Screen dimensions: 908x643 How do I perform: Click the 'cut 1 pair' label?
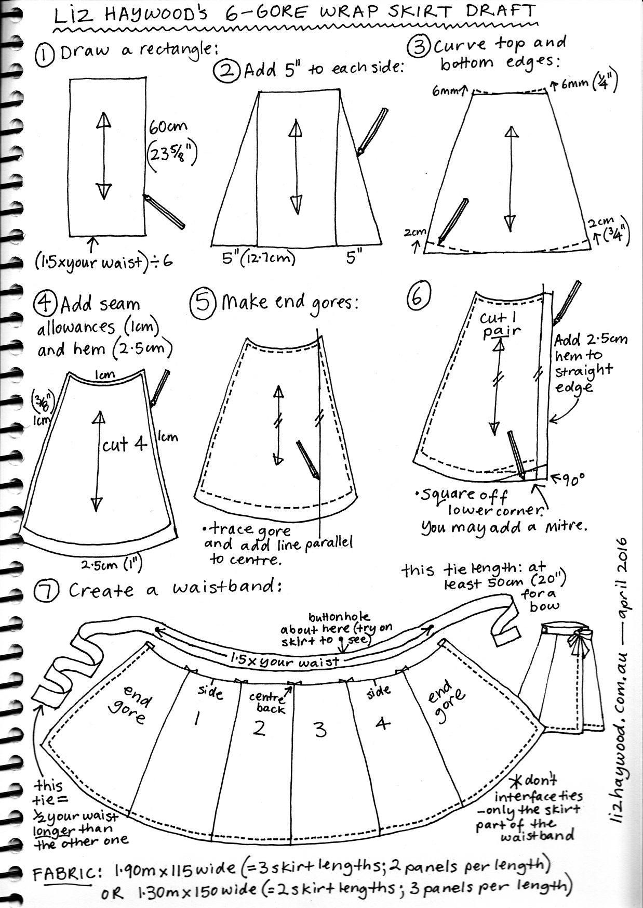(x=501, y=325)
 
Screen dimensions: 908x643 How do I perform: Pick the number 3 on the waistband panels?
(x=320, y=730)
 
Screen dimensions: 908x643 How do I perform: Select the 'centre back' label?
(x=268, y=703)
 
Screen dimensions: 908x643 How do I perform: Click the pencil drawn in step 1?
(x=164, y=212)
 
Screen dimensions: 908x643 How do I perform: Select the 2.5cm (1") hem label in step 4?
(x=111, y=563)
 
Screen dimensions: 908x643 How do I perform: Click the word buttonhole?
(x=340, y=617)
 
